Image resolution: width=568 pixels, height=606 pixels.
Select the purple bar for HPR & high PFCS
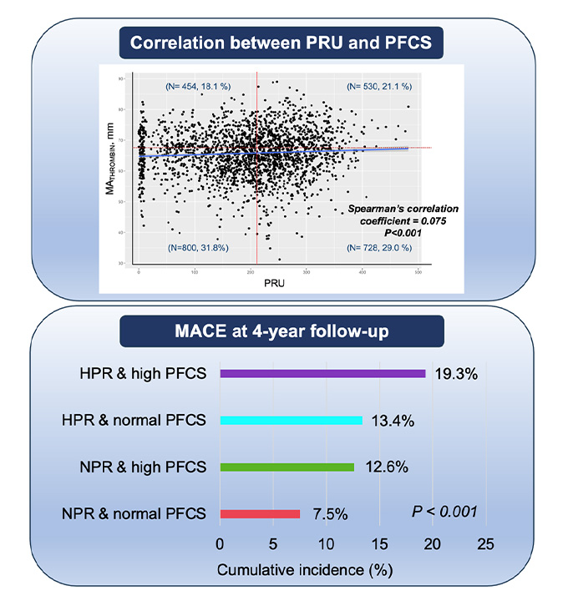click(x=322, y=374)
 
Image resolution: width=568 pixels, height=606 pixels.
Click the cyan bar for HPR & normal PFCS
click(x=291, y=421)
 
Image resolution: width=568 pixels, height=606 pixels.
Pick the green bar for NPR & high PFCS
click(x=287, y=467)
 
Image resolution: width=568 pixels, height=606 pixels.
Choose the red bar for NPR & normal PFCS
click(x=259, y=513)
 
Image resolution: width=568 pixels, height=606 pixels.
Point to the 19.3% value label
click(x=455, y=375)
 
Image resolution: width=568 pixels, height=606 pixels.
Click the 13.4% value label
click(x=392, y=421)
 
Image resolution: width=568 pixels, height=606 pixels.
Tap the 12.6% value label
click(x=384, y=467)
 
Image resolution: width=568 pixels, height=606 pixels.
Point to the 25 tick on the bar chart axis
click(x=485, y=544)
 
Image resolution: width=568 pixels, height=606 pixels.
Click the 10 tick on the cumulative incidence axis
click(x=326, y=544)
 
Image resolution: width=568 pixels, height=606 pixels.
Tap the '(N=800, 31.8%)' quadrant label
click(x=199, y=248)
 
